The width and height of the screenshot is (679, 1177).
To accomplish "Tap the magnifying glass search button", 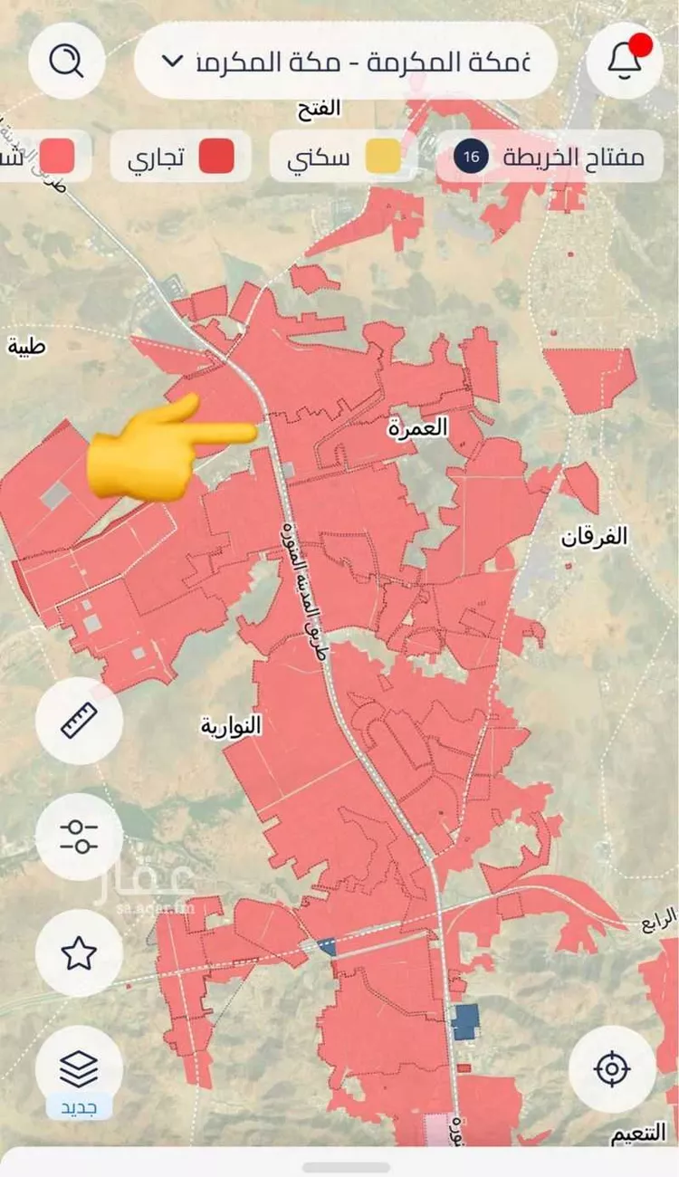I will (x=66, y=62).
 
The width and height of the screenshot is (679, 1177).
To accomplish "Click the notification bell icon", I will (x=624, y=61).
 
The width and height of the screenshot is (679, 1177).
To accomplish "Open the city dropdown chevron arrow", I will (x=171, y=62).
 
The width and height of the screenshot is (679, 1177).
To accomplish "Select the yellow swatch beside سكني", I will (x=383, y=157).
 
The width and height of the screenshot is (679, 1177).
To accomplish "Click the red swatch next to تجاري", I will (x=216, y=157).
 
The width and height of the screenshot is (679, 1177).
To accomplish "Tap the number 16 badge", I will (x=471, y=157).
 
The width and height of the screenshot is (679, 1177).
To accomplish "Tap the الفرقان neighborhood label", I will (x=594, y=536).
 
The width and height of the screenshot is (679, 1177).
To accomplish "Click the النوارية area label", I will (x=231, y=726).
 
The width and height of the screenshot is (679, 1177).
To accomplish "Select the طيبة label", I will (x=25, y=345).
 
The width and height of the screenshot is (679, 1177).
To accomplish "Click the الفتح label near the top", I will (x=319, y=110).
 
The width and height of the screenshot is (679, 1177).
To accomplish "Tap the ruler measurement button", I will (x=79, y=721).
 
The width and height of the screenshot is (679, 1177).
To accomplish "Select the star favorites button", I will (x=79, y=952).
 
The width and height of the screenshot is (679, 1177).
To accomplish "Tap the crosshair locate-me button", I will (x=612, y=1068).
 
